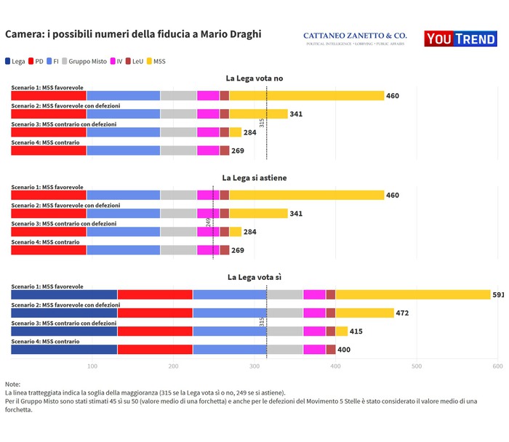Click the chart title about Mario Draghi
[x=133, y=34]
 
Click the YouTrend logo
[x=460, y=39]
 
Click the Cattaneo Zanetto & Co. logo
[x=354, y=39]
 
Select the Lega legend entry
[x=15, y=62]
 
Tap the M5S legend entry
[x=157, y=62]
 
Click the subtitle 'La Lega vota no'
[x=254, y=78]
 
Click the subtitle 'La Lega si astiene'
[x=254, y=177]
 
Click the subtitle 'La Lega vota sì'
[x=254, y=277]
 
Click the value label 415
[x=356, y=331]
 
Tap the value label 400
[x=343, y=350]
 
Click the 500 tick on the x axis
[x=417, y=366]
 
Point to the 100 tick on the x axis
[x=92, y=366]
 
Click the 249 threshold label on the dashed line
[x=208, y=222]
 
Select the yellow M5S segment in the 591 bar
[x=412, y=294]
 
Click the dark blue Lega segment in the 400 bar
[x=64, y=350]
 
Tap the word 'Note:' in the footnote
[x=12, y=384]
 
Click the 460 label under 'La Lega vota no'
[x=393, y=96]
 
